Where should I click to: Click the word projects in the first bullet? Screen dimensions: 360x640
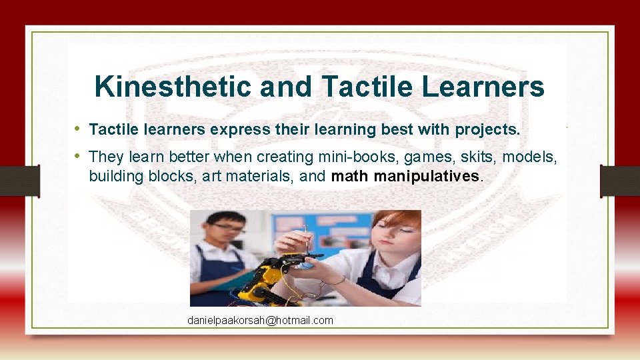pyautogui.click(x=487, y=129)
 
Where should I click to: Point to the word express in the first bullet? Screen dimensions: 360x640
pyautogui.click(x=235, y=129)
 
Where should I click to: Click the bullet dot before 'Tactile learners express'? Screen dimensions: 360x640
pyautogui.click(x=77, y=129)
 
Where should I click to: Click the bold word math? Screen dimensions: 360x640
pyautogui.click(x=351, y=176)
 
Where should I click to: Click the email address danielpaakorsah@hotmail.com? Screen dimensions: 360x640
pyautogui.click(x=260, y=321)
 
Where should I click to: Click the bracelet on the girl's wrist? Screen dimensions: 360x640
pyautogui.click(x=339, y=281)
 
